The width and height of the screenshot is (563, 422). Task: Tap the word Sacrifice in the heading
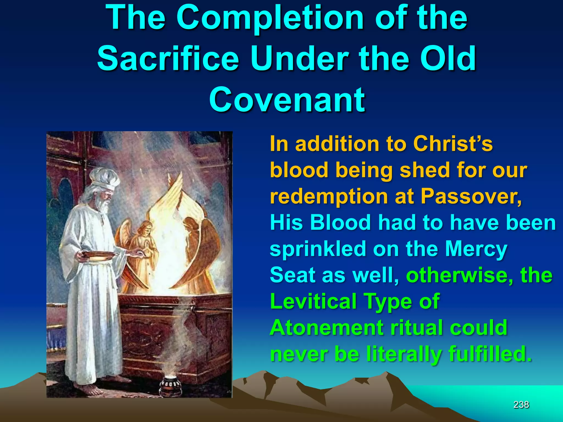(168, 59)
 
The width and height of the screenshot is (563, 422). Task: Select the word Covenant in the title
(287, 99)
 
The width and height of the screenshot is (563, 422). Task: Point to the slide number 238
(521, 405)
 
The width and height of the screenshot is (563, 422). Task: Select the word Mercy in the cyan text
(476, 249)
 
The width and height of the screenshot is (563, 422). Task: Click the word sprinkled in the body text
(318, 249)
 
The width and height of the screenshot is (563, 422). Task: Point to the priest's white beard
(103, 205)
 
